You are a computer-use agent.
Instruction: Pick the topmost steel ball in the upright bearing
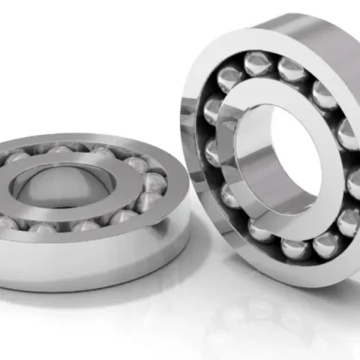pyautogui.click(x=256, y=64)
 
